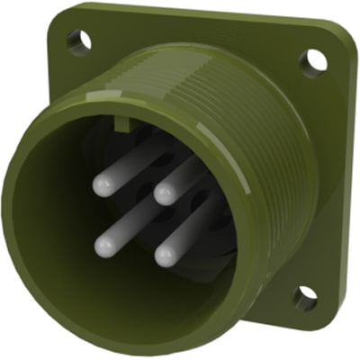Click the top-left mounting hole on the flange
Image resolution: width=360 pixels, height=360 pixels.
point(79,40)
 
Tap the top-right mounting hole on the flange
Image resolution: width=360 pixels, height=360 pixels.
point(312,60)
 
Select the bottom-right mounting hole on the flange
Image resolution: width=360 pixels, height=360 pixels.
point(305,296)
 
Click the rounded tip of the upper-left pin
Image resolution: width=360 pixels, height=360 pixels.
point(101,185)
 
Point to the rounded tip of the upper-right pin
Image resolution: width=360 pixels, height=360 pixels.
point(163,193)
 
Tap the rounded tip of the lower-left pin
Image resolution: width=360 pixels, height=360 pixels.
point(103,245)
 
